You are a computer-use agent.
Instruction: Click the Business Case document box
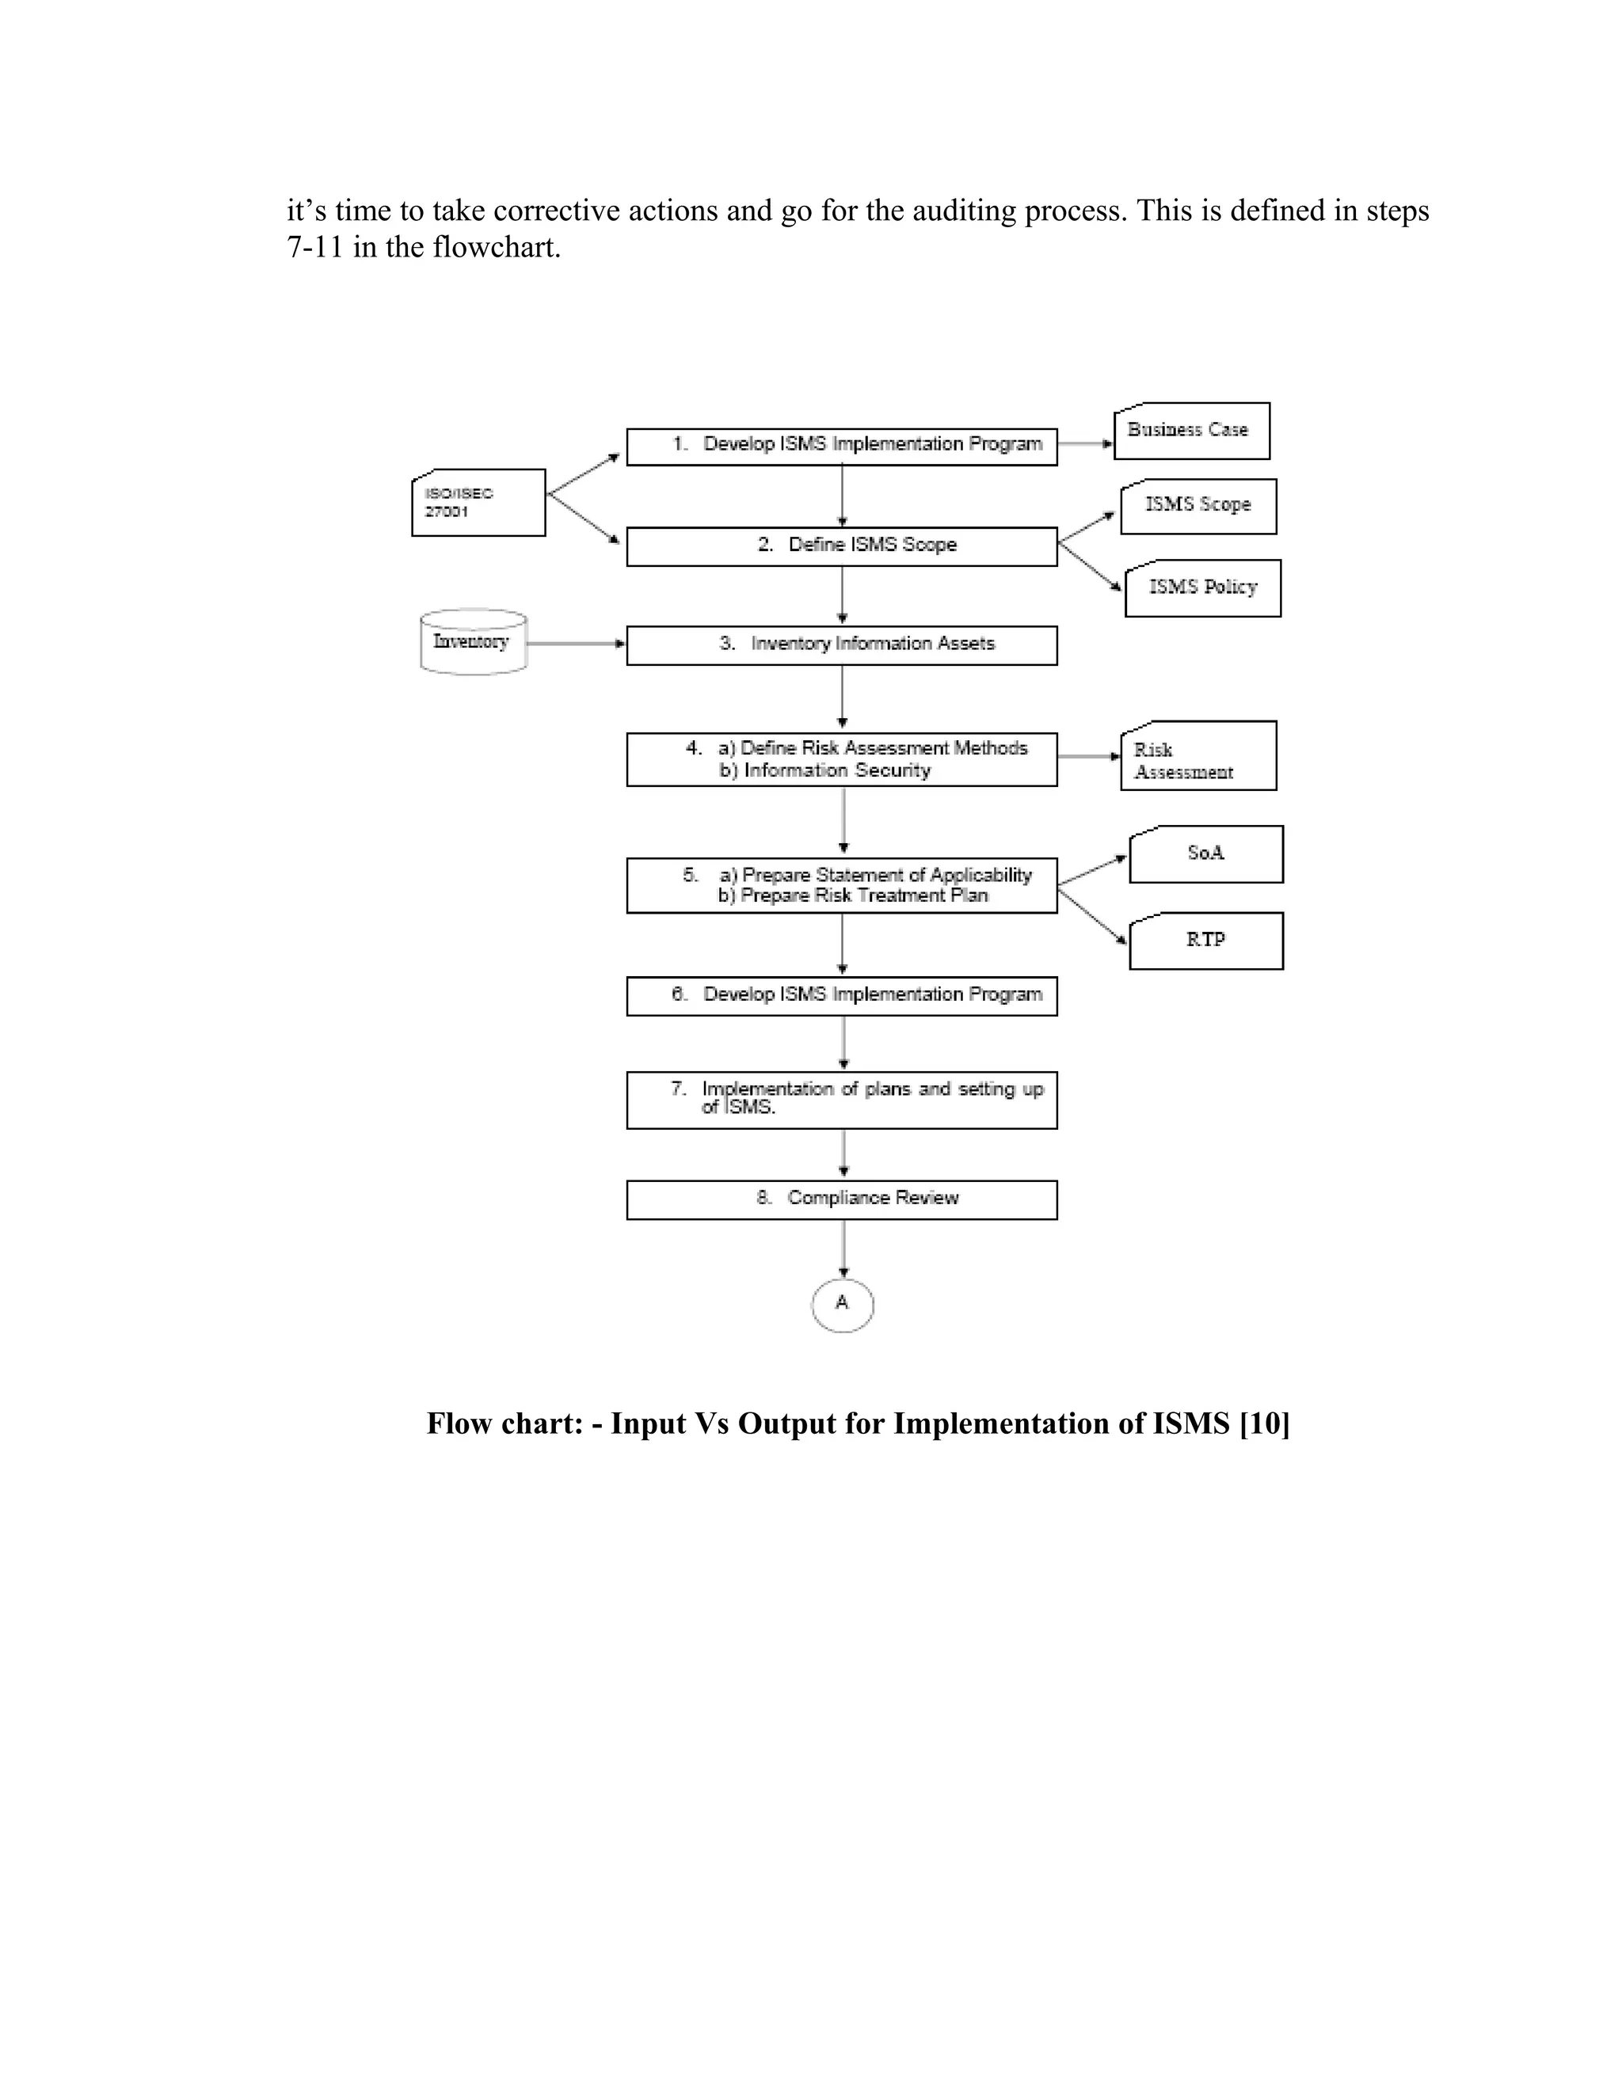point(1190,431)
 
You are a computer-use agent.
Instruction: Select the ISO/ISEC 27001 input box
point(478,503)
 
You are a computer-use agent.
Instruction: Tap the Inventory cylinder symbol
point(473,642)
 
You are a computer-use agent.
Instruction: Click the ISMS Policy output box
point(1202,588)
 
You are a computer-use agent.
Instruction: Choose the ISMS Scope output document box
point(1197,506)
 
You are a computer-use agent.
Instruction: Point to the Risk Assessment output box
point(1197,756)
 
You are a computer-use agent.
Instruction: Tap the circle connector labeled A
point(842,1305)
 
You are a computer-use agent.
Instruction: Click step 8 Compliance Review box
point(842,1199)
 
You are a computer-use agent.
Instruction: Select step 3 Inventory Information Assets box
point(842,645)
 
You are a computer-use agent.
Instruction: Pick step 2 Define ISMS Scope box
point(842,545)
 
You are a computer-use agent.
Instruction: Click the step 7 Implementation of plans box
point(842,1100)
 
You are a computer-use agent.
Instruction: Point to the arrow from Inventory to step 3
point(577,643)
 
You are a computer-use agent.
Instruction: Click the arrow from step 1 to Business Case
point(1085,444)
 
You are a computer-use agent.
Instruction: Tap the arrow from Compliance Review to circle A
point(843,1249)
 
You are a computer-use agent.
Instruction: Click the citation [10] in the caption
point(1265,1423)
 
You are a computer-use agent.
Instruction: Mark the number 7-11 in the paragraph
point(315,248)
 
